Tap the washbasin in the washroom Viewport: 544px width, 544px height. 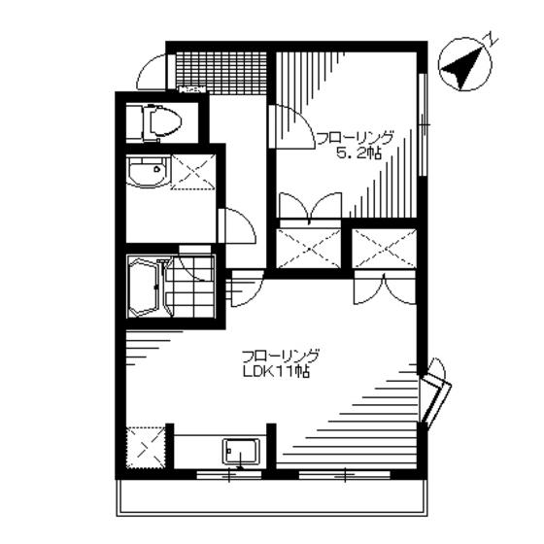149,172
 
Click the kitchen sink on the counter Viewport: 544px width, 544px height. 242,452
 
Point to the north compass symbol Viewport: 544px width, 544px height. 465,64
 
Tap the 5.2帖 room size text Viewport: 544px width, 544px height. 358,153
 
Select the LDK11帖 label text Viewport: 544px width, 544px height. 276,372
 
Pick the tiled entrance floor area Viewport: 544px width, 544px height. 221,72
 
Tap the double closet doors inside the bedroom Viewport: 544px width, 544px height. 310,205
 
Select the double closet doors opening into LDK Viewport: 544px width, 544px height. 385,288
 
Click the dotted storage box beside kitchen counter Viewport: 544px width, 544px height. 146,448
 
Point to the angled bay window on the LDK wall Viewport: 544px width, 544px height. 434,395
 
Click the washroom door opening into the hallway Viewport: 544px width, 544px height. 237,225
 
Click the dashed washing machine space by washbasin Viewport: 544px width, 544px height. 193,172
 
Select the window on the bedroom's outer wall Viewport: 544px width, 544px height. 422,125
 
